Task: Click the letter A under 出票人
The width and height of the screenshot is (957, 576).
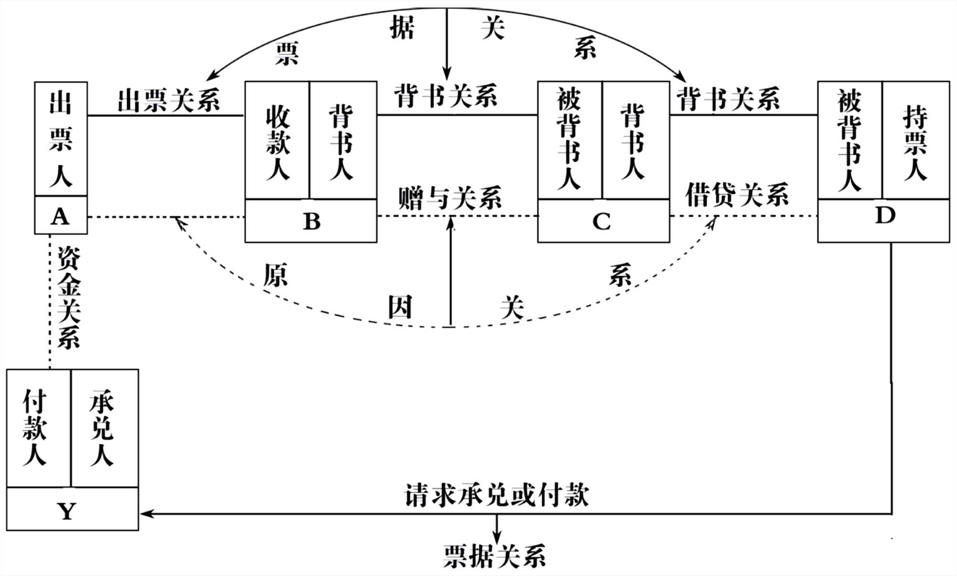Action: pos(60,216)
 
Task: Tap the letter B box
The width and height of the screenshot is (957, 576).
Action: pos(311,221)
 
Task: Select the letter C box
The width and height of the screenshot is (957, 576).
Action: pos(602,221)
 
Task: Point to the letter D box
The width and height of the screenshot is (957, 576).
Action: pos(884,216)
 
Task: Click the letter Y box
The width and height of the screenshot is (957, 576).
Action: pos(67,510)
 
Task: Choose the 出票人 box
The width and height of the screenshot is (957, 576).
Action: pos(61,139)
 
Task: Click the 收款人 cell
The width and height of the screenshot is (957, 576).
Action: pos(277,141)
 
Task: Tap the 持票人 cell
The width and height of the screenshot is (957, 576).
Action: pos(915,141)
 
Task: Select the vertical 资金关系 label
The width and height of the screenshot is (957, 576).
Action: pos(68,298)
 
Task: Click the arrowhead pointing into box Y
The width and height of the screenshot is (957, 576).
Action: pos(145,514)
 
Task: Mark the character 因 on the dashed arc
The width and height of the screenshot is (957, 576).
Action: pos(400,307)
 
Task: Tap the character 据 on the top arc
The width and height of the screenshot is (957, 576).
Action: pos(401,28)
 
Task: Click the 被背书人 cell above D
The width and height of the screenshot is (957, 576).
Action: pos(850,141)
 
